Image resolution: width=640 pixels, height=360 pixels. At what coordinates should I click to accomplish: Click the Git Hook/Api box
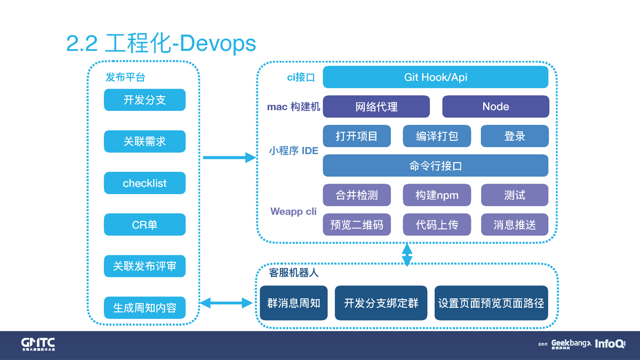click(x=435, y=77)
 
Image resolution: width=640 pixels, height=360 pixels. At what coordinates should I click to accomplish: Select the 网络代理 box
click(x=376, y=107)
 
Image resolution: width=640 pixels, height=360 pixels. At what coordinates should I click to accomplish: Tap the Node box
click(x=495, y=107)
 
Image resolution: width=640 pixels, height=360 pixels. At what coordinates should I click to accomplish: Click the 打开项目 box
click(x=356, y=136)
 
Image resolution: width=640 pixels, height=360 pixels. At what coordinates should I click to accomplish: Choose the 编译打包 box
click(x=437, y=136)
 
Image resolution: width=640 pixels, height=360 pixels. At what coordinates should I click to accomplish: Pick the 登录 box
click(x=515, y=136)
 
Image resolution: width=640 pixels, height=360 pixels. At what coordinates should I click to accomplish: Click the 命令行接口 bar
click(x=435, y=166)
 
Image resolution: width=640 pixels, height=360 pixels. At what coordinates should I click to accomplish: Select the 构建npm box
click(x=437, y=195)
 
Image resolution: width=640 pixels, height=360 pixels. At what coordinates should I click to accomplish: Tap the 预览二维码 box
click(x=356, y=225)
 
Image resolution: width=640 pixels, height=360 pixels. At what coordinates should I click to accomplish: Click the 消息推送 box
click(x=515, y=225)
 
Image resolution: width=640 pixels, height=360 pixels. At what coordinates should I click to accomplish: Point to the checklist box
click(x=145, y=183)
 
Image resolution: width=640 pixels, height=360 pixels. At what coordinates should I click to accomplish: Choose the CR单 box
click(x=145, y=225)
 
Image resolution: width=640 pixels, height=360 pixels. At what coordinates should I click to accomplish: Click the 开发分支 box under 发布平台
click(x=145, y=100)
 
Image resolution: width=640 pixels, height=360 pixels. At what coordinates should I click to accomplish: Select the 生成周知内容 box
click(x=145, y=308)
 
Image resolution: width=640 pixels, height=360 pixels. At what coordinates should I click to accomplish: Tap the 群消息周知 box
click(x=293, y=303)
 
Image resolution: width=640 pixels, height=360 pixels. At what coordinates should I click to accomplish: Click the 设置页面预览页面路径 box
click(x=491, y=303)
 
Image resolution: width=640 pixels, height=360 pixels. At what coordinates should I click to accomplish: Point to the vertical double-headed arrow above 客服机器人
click(x=407, y=255)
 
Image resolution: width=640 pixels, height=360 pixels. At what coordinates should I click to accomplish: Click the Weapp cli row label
click(x=293, y=211)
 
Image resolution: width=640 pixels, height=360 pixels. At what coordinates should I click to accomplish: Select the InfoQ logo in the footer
click(x=610, y=344)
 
